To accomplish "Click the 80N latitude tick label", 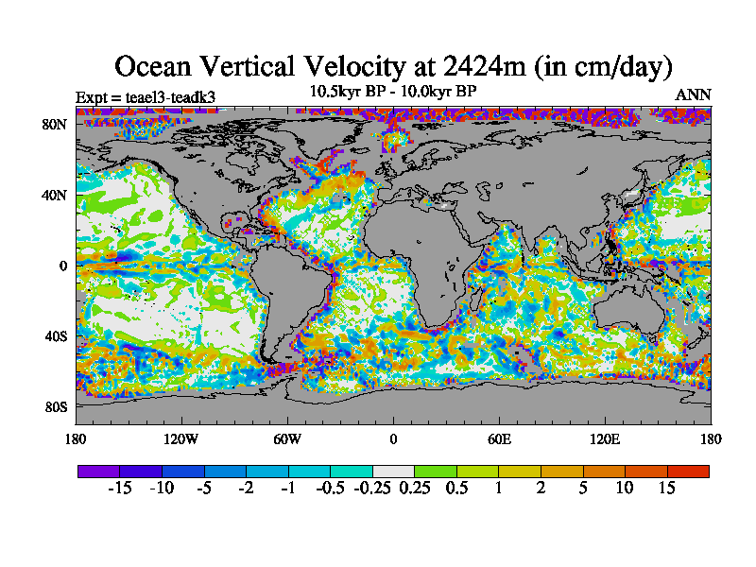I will pyautogui.click(x=56, y=124).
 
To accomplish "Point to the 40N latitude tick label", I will pyautogui.click(x=56, y=195).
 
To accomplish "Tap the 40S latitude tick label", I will pyautogui.click(x=57, y=336).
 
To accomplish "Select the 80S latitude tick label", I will pyautogui.click(x=57, y=407).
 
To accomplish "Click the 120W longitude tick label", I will pyautogui.click(x=181, y=438).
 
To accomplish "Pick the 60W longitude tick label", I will pyautogui.click(x=287, y=438).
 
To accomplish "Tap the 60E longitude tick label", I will pyautogui.click(x=499, y=438).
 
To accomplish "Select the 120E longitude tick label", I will pyautogui.click(x=605, y=438).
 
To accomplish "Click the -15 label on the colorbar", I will pyautogui.click(x=119, y=489).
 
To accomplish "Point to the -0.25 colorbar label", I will pyautogui.click(x=371, y=489).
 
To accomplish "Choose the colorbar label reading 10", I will pyautogui.click(x=625, y=489).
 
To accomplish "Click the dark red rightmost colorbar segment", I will pyautogui.click(x=688, y=471).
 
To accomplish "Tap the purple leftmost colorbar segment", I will pyautogui.click(x=98, y=471).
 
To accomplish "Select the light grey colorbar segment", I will pyautogui.click(x=393, y=471).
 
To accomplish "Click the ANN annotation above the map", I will pyautogui.click(x=694, y=95).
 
